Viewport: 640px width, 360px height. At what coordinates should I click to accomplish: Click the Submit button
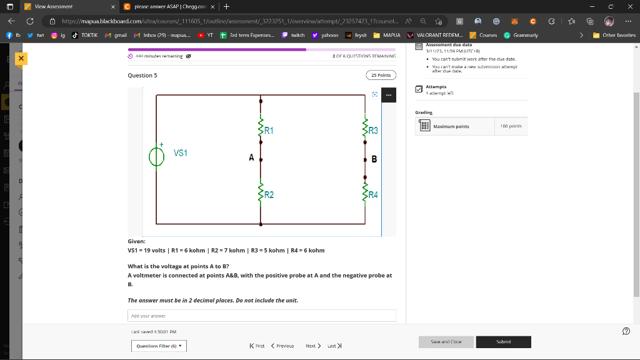pos(503,342)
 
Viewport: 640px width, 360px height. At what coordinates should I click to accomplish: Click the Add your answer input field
pos(262,316)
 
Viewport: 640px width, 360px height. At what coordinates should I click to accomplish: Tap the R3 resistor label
pos(373,131)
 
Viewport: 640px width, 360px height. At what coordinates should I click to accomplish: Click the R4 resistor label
pos(373,196)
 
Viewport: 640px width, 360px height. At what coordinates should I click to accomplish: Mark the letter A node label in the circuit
pos(251,158)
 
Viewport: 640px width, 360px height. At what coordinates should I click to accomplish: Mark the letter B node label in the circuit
pos(374,159)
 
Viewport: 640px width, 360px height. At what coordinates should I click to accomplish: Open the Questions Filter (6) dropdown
pos(159,346)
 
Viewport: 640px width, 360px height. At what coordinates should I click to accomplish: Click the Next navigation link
pos(313,346)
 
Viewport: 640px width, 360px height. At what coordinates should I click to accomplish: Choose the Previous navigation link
pos(282,346)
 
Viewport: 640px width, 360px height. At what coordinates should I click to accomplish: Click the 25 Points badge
pos(380,75)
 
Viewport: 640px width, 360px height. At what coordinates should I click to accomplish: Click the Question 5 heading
pos(142,75)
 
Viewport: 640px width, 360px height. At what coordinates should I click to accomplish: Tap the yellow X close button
pos(21,58)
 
